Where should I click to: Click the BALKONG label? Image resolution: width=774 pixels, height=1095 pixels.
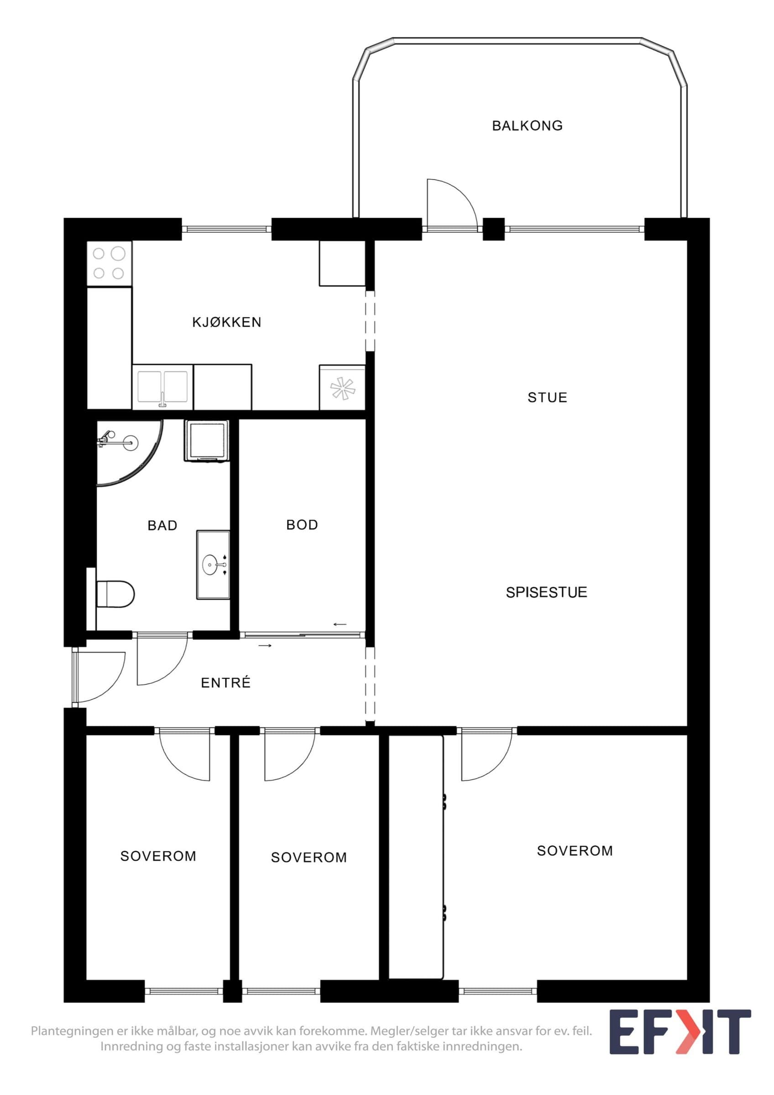(527, 125)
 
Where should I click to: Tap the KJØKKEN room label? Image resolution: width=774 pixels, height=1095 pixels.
(226, 322)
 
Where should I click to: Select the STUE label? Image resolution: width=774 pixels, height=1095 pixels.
(547, 397)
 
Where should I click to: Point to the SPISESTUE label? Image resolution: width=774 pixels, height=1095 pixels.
(547, 592)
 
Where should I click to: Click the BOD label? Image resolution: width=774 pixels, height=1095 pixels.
(302, 525)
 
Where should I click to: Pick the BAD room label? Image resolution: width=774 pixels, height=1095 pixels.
(162, 525)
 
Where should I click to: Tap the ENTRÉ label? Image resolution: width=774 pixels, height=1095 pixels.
(225, 683)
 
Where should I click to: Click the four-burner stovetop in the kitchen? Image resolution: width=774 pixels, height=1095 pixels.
(109, 263)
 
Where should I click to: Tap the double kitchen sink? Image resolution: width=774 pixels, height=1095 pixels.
(162, 387)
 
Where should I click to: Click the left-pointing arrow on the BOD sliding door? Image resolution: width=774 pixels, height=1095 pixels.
(340, 624)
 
